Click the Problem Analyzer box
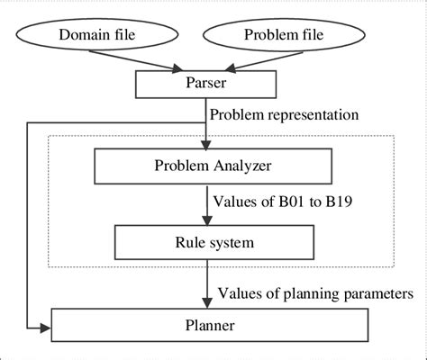point(208,165)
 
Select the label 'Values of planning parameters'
point(315,292)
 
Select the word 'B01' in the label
point(292,202)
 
